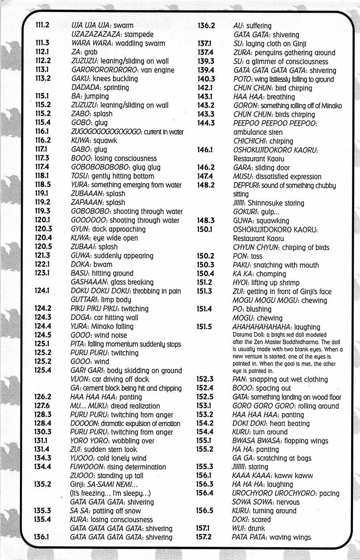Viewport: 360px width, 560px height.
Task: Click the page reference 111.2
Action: [x=42, y=25]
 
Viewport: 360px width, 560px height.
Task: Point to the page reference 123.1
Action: [x=42, y=273]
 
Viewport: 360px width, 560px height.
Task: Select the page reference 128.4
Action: [x=42, y=423]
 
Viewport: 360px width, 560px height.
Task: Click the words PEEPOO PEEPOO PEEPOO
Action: [x=275, y=123]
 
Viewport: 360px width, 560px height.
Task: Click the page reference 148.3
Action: [x=206, y=220]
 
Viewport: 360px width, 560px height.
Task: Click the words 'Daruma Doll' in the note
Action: [x=248, y=335]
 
